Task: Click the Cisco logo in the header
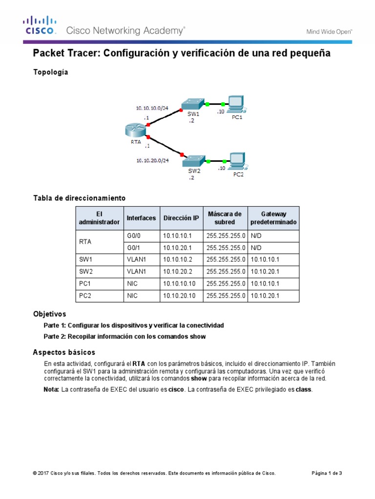tap(40, 25)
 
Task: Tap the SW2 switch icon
tap(194, 161)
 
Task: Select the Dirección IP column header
tap(181, 218)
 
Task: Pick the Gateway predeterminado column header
tap(273, 218)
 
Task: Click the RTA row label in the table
tap(85, 242)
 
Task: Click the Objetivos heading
tap(49, 314)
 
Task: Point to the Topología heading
tap(50, 72)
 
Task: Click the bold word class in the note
tap(303, 390)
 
